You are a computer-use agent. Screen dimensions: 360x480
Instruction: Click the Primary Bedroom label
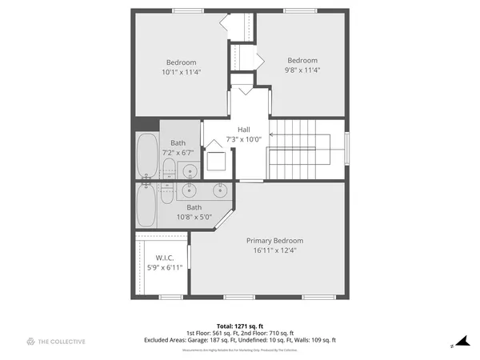(x=274, y=240)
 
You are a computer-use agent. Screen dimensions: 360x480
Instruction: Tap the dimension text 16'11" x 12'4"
(x=274, y=250)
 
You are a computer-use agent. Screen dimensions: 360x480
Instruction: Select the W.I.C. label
(x=165, y=258)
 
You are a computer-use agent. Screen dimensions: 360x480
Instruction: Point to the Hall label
(x=245, y=130)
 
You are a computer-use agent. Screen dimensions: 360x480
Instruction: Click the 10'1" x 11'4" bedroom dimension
(x=181, y=72)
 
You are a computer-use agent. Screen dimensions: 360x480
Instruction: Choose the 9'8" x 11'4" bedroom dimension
(x=302, y=70)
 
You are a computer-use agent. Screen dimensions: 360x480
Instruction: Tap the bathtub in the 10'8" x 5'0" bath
(x=146, y=206)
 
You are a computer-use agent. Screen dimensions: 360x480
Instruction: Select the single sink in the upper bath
(x=189, y=170)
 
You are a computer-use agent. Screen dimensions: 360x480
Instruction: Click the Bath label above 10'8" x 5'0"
(x=194, y=207)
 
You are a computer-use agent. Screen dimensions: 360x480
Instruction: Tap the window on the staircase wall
(x=347, y=150)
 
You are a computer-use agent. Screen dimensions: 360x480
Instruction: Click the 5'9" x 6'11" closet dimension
(x=165, y=267)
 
